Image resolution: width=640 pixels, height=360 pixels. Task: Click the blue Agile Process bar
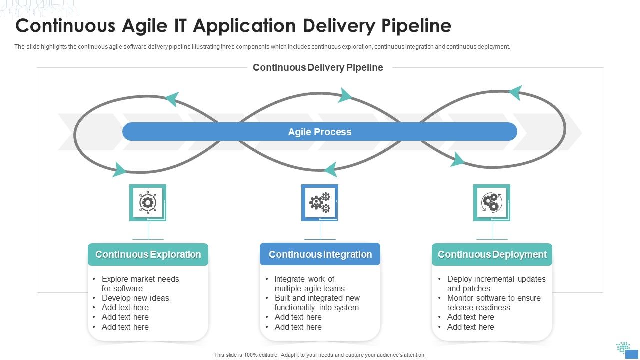point(320,132)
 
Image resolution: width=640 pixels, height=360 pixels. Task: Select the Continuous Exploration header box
point(148,254)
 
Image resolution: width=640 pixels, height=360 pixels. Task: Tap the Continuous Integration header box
point(320,254)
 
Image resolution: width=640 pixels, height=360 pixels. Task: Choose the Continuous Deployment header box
point(492,254)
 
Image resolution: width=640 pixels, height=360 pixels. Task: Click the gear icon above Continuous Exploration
point(147,202)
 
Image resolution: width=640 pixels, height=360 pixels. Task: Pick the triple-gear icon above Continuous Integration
point(320,202)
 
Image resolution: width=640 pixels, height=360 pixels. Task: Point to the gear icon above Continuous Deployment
point(491,202)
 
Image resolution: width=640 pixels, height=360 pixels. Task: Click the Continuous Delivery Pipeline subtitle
point(318,68)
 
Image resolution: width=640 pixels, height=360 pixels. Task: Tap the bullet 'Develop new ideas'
point(135,298)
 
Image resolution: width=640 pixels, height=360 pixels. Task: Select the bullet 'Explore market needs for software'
point(140,284)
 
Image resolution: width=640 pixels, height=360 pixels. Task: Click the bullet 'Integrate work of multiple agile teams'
point(309,284)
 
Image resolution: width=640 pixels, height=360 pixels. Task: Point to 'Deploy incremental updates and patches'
point(496,284)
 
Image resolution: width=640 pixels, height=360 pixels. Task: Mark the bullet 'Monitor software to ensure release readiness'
point(493,303)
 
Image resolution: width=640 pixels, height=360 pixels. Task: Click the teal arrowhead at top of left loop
point(172,99)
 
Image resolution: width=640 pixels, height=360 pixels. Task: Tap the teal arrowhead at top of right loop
point(515,92)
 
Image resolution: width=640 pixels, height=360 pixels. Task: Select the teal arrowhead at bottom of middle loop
point(330,170)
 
